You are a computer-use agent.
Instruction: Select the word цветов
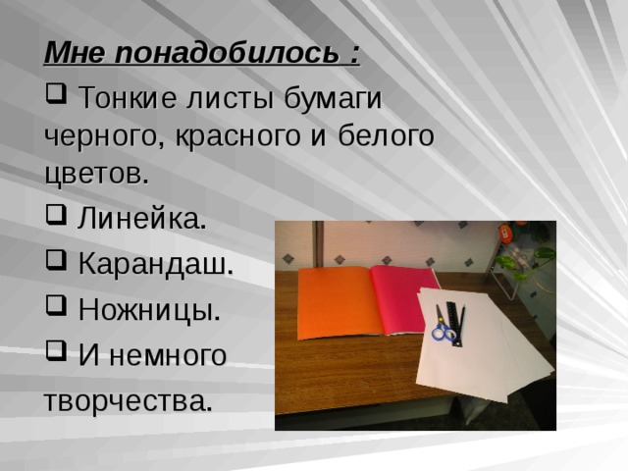(96, 175)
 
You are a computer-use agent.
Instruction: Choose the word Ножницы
(148, 310)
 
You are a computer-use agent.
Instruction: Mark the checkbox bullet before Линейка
(55, 218)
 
